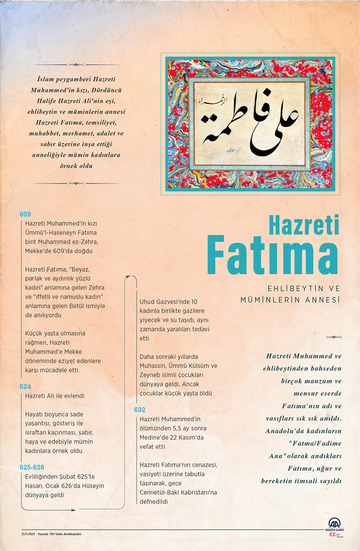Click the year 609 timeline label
(x=25, y=214)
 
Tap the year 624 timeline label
(x=25, y=386)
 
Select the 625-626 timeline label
(x=32, y=467)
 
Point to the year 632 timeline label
(x=140, y=409)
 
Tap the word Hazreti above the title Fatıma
(x=303, y=226)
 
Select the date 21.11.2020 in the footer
(x=28, y=534)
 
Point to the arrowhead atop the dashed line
(x=128, y=277)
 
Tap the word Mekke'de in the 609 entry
(x=38, y=251)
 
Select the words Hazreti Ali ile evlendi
(x=55, y=396)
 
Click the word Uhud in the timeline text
(x=148, y=302)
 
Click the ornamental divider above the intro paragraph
(x=76, y=65)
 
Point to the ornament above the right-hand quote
(x=334, y=337)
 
